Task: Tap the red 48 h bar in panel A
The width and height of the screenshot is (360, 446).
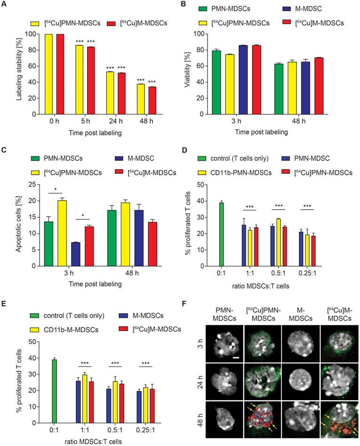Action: click(152, 100)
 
